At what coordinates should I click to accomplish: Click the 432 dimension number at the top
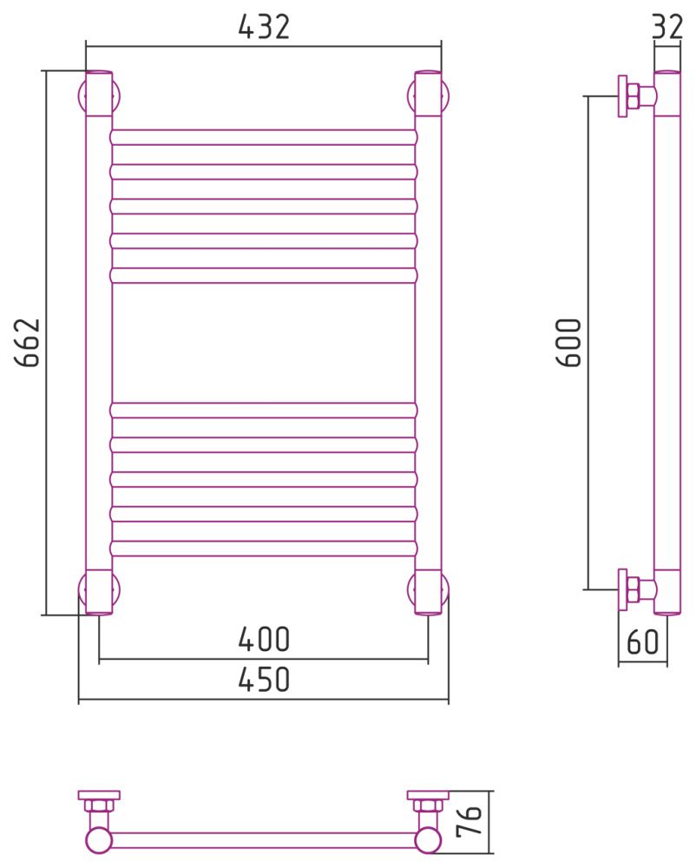tap(264, 27)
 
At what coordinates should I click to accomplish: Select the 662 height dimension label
tap(28, 342)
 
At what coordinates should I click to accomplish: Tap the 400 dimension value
tap(264, 639)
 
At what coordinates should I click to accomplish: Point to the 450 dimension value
tap(264, 680)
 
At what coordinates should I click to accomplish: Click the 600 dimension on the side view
tap(568, 342)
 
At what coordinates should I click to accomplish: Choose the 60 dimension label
tap(643, 641)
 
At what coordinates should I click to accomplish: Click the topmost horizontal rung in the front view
tap(264, 137)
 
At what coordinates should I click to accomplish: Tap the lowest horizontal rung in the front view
tap(264, 548)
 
